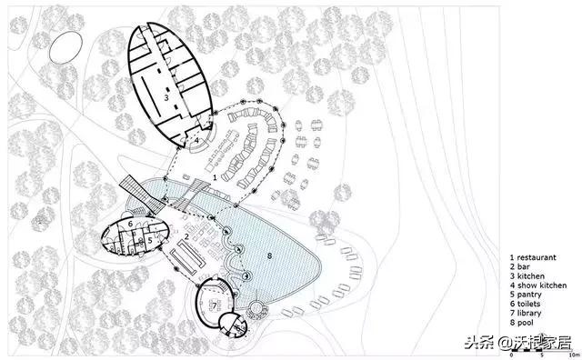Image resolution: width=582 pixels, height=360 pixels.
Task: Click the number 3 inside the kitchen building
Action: (166, 97)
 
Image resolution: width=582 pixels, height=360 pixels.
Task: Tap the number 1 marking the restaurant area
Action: (215, 177)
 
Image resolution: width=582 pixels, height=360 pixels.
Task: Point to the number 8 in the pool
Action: (269, 255)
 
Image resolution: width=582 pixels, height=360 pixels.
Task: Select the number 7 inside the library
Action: (215, 306)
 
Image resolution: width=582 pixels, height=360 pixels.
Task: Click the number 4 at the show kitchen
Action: (196, 140)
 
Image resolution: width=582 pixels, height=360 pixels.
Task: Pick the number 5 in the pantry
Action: (150, 241)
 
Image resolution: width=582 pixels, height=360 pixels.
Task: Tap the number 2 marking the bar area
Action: (186, 236)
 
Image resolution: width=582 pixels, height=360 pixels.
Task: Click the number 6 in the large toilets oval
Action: (130, 224)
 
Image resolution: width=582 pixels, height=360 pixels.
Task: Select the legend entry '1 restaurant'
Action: (533, 257)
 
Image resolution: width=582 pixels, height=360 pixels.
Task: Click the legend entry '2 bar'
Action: (519, 266)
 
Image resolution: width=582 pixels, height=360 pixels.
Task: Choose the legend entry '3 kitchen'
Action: (527, 275)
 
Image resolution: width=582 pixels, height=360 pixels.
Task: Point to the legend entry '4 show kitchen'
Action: (538, 285)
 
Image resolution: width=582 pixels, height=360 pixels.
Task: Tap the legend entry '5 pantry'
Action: (526, 295)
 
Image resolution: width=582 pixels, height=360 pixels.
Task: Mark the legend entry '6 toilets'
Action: (525, 304)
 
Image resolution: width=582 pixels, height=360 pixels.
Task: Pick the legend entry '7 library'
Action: (526, 314)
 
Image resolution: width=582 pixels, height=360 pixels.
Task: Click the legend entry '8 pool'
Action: (521, 323)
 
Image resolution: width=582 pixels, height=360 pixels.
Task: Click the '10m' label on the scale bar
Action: (574, 355)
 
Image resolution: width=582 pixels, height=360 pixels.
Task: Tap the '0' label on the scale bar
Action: (511, 355)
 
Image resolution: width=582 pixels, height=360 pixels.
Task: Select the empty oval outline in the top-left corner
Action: (65, 48)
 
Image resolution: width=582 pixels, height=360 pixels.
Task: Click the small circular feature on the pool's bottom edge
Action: (256, 307)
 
